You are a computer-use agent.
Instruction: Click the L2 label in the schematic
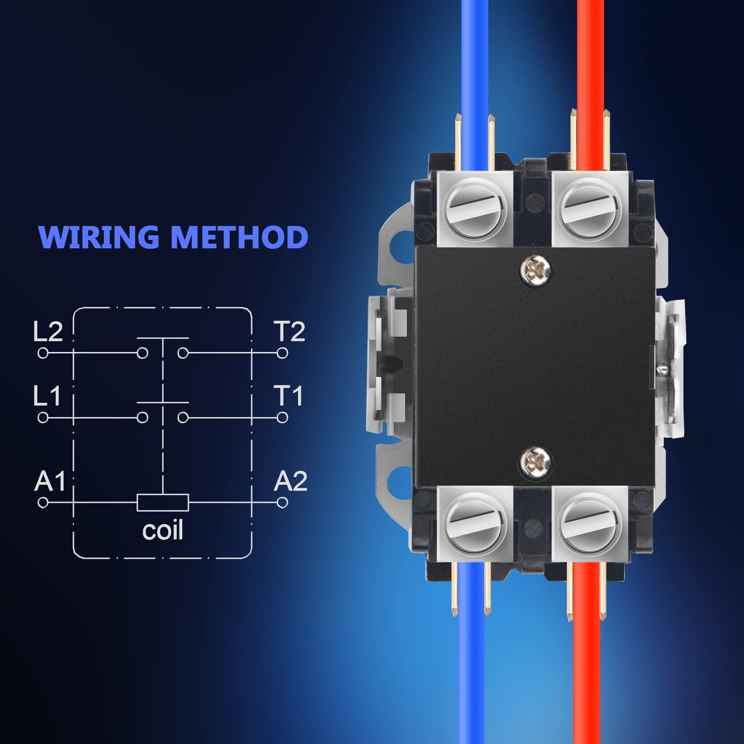[48, 332]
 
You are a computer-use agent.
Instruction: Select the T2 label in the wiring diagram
[289, 332]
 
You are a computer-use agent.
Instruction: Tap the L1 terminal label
[47, 396]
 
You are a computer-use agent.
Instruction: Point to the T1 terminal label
[288, 396]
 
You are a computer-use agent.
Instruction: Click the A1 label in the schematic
[50, 481]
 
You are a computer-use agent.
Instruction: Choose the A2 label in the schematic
[291, 481]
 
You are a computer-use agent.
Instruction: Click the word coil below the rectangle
[163, 530]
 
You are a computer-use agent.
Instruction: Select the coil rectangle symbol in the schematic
[163, 503]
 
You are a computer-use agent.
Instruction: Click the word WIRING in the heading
[99, 237]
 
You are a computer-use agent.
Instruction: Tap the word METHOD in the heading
[239, 237]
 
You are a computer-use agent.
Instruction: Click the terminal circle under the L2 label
[43, 353]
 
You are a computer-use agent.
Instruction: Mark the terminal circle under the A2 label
[282, 503]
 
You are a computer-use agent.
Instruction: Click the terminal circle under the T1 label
[282, 418]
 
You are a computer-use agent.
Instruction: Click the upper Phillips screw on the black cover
[536, 268]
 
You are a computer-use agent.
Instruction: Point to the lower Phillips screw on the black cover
[536, 461]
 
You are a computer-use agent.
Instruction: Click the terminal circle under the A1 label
[43, 503]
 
